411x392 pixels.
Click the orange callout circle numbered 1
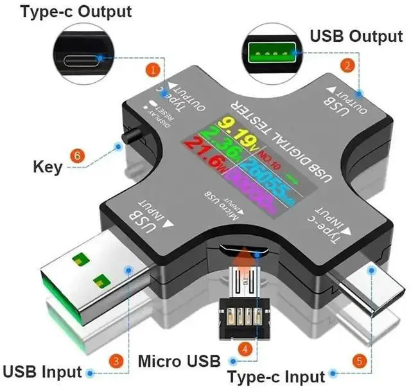point(153,67)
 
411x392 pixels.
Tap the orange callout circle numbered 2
point(347,65)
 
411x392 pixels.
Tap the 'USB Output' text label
point(356,36)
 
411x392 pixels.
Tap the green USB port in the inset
point(272,49)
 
